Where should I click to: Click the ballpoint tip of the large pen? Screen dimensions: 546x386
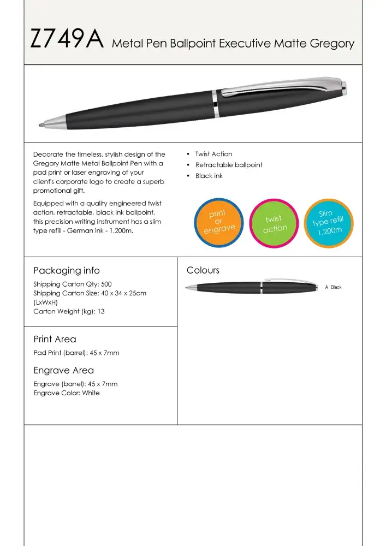pos(41,124)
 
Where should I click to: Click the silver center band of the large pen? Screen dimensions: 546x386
pos(216,103)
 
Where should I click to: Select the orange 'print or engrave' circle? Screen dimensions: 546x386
pos(217,221)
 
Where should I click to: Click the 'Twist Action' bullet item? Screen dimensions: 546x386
pos(213,154)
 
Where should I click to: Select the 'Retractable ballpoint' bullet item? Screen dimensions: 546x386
pos(229,165)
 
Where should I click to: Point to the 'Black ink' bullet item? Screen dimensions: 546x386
pos(209,176)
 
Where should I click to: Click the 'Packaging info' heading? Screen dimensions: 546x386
pos(67,270)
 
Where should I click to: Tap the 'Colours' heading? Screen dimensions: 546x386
pos(203,270)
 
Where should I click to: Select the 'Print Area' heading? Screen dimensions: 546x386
pos(55,339)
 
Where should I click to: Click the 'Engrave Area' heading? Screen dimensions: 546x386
pos(63,370)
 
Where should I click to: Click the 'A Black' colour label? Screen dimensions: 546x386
pos(333,287)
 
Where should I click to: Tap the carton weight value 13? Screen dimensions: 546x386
pos(101,312)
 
